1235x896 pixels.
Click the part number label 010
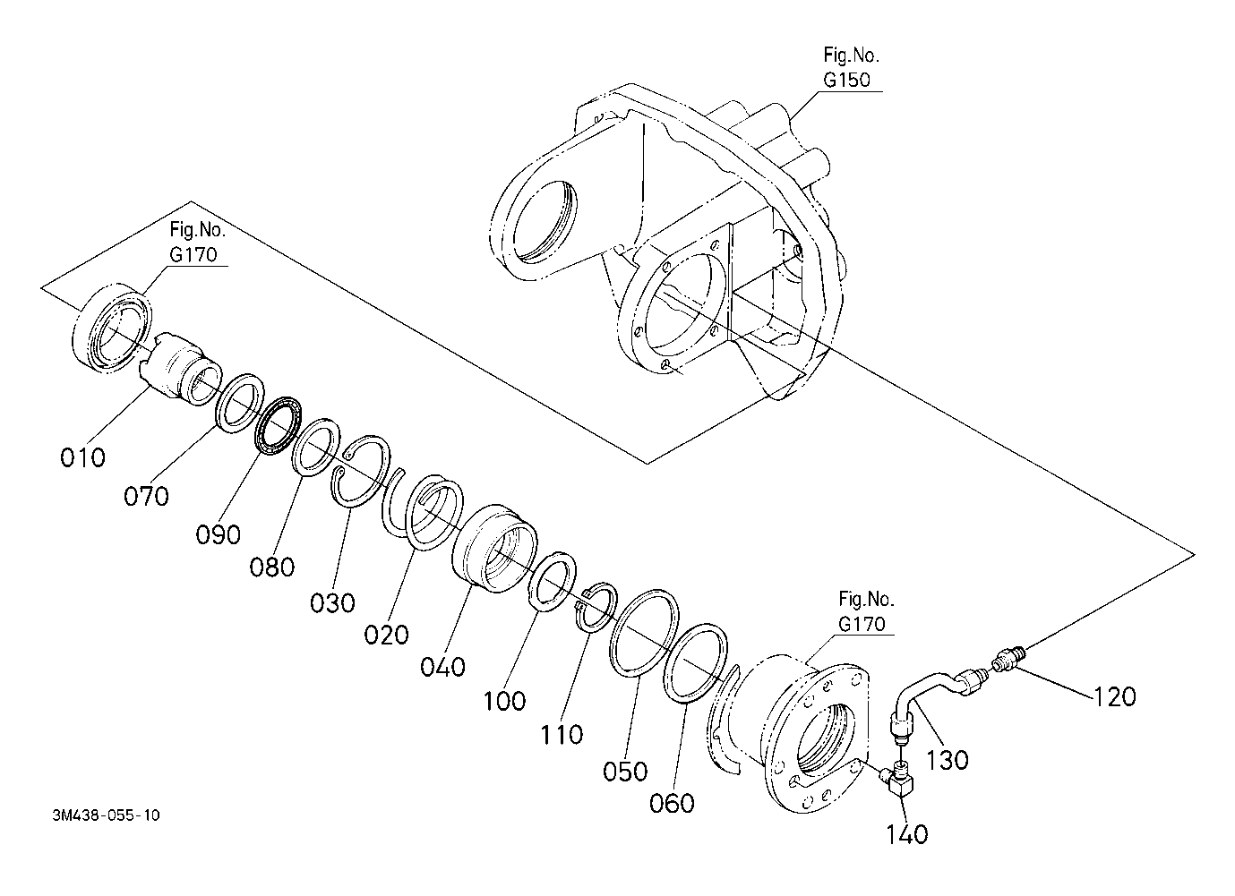82,457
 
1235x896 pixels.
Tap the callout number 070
146,496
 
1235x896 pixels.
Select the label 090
219,534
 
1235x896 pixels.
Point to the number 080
272,567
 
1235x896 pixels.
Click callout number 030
332,602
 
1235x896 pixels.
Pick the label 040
442,667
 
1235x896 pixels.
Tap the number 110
562,735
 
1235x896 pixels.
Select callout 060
672,804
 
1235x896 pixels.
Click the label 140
906,834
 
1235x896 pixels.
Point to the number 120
1114,697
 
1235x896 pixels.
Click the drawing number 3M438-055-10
106,815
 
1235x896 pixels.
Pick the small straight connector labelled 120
1008,659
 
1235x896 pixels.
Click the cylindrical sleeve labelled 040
494,549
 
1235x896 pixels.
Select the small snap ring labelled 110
596,608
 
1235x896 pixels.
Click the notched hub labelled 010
179,368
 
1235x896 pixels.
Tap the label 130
947,761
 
